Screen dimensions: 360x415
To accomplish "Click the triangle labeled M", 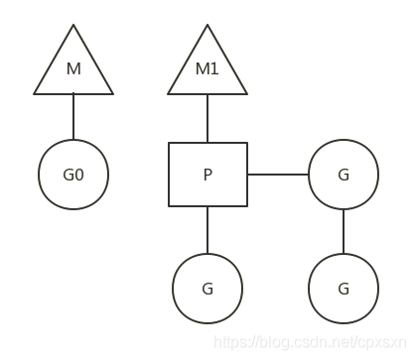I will pyautogui.click(x=73, y=69).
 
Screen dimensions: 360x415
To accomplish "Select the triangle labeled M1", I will pyautogui.click(x=207, y=69).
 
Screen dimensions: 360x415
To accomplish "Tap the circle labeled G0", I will pyautogui.click(x=73, y=175).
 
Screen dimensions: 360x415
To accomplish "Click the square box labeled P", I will pyautogui.click(x=207, y=175).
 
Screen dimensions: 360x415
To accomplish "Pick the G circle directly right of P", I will pyautogui.click(x=344, y=175).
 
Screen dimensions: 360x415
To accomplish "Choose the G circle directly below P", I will pyautogui.click(x=207, y=289).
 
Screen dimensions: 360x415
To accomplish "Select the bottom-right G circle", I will pyautogui.click(x=344, y=289).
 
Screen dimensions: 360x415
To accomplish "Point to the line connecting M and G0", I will pyautogui.click(x=73, y=117).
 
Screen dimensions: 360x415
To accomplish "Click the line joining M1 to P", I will pyautogui.click(x=207, y=119).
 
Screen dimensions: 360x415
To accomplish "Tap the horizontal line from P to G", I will pyautogui.click(x=278, y=175).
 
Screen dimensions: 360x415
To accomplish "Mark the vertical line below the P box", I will pyautogui.click(x=207, y=230).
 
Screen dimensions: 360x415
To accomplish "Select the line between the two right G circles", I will pyautogui.click(x=344, y=231).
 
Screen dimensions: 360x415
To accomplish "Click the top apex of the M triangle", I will pyautogui.click(x=73, y=27).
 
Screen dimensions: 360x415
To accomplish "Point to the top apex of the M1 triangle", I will pyautogui.click(x=207, y=27).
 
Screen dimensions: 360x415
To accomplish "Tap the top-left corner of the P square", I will pyautogui.click(x=169, y=143).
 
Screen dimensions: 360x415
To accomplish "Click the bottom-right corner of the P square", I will pyautogui.click(x=247, y=206).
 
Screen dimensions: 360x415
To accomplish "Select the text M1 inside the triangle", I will pyautogui.click(x=207, y=69).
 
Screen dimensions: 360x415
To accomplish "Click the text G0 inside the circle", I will pyautogui.click(x=73, y=176).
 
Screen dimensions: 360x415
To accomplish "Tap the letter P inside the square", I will pyautogui.click(x=207, y=176).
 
